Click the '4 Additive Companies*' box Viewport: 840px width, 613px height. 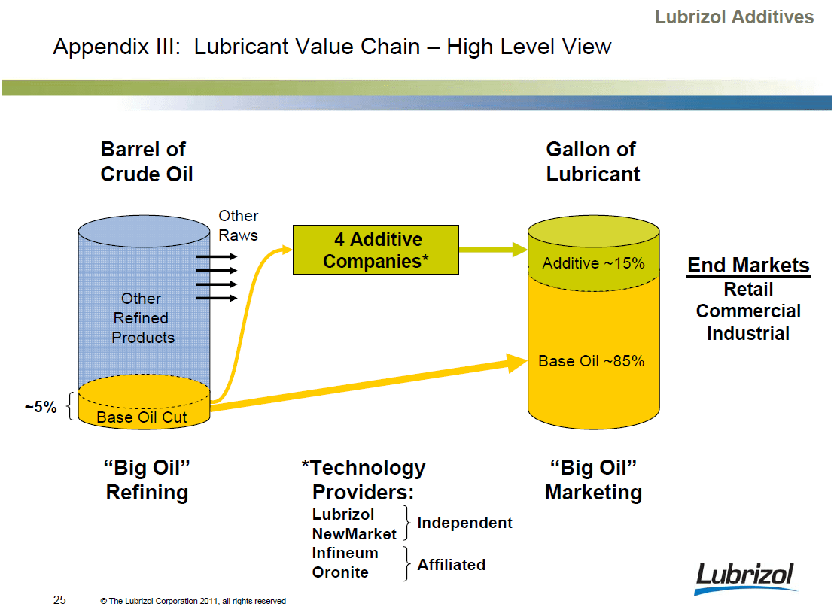pos(375,250)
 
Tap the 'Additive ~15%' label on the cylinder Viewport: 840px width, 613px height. pos(593,263)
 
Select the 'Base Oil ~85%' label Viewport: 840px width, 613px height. pos(591,361)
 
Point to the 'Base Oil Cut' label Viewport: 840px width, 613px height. pos(142,417)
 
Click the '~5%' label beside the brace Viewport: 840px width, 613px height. pos(40,407)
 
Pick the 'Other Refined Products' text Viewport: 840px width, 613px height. pos(142,318)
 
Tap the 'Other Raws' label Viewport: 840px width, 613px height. pos(238,225)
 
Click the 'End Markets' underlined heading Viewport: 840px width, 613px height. pos(748,266)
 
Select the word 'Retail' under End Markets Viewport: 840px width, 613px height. pos(748,290)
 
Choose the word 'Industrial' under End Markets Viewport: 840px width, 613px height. pos(748,333)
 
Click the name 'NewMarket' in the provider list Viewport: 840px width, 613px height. pos(354,534)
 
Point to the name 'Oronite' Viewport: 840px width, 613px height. pos(340,572)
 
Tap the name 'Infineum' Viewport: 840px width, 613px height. pos(345,553)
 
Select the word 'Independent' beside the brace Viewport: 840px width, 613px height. pos(464,523)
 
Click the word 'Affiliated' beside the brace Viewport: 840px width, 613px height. pos(452,565)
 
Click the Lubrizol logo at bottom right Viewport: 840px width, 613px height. pos(744,578)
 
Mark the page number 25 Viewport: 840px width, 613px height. pos(59,600)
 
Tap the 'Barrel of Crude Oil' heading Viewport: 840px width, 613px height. pos(146,162)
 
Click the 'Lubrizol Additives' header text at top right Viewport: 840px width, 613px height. pos(734,17)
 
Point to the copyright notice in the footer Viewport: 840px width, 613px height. pos(193,601)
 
